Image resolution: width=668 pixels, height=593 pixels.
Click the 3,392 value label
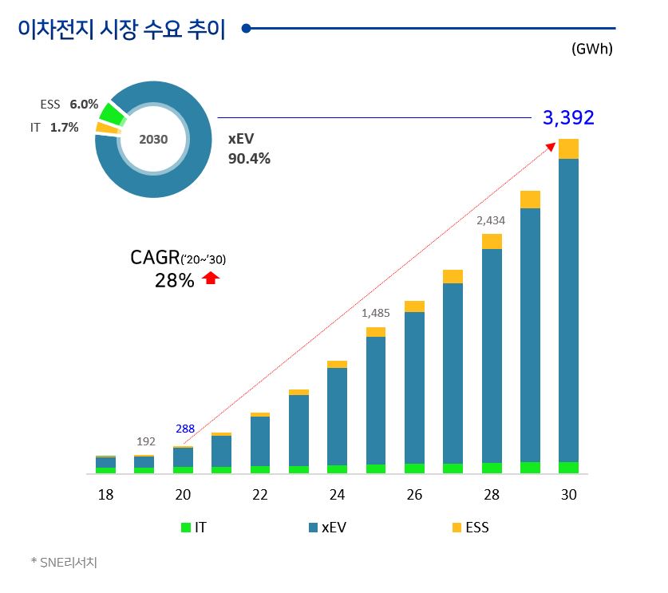(568, 118)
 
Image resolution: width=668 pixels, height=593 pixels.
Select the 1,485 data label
(375, 314)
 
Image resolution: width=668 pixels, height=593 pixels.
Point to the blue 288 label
(185, 429)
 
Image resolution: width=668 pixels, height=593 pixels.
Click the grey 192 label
(146, 441)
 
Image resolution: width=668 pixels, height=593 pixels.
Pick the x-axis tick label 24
(337, 496)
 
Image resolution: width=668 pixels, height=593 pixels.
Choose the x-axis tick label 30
(568, 496)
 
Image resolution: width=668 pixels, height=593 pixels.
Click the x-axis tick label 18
(105, 496)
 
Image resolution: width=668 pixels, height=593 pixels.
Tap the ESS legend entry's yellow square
(457, 528)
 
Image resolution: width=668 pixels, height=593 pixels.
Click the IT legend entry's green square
(186, 528)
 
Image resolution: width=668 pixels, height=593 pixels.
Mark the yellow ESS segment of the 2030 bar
(568, 148)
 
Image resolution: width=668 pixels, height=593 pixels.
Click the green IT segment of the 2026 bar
(414, 468)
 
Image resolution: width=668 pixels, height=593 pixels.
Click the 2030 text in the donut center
(153, 139)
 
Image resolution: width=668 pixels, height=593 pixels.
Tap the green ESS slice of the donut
(112, 113)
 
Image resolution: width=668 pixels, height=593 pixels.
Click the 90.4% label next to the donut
(250, 158)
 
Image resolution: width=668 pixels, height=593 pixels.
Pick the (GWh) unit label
(591, 49)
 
